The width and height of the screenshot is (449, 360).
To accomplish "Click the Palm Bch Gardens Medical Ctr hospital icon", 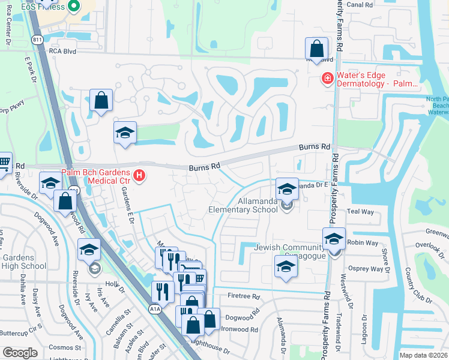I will pos(139,176).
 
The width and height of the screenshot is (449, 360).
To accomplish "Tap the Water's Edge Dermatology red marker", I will pos(327,79).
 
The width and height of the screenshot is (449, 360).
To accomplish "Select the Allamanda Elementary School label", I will pos(243,206).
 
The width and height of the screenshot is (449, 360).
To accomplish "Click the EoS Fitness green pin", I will pos(74,7).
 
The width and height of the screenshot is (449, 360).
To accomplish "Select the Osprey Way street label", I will pos(366,269).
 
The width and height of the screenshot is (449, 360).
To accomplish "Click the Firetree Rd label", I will pos(244,296).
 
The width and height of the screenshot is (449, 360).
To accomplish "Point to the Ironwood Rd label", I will pos(240,329).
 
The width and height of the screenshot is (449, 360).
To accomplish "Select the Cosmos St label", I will pos(61,347).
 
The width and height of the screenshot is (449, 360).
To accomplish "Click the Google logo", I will pos(20,353).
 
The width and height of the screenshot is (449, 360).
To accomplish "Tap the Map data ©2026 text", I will pos(423,355).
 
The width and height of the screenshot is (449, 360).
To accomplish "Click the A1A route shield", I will pos(155,309).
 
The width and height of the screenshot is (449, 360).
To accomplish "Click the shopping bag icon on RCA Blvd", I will pos(316,49).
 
